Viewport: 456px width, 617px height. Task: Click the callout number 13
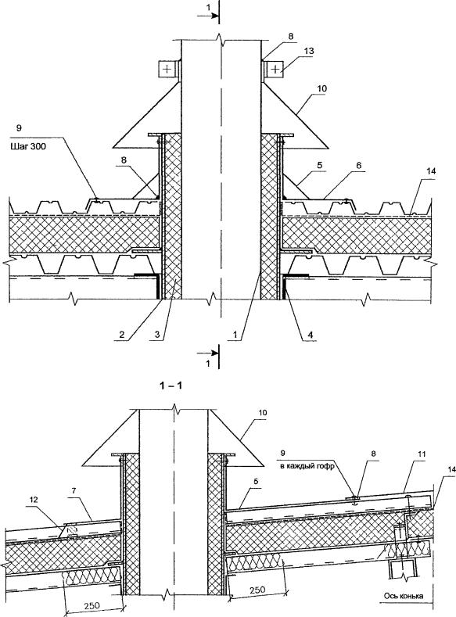click(x=309, y=51)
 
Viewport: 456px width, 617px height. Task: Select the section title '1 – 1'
click(x=171, y=386)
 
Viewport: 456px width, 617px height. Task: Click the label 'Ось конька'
click(x=404, y=596)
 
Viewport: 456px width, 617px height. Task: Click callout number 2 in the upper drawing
click(x=122, y=335)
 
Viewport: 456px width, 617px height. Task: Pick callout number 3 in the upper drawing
click(x=156, y=335)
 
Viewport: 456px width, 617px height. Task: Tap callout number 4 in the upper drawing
click(x=311, y=335)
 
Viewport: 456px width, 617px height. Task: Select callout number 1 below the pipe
click(x=235, y=335)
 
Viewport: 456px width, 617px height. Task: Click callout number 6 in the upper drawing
click(x=358, y=166)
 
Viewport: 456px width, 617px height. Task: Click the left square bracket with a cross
click(x=167, y=70)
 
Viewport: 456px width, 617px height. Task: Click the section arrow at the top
click(x=209, y=16)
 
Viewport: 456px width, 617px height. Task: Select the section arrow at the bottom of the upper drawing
click(x=209, y=351)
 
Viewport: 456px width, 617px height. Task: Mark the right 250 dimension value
click(x=257, y=590)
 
